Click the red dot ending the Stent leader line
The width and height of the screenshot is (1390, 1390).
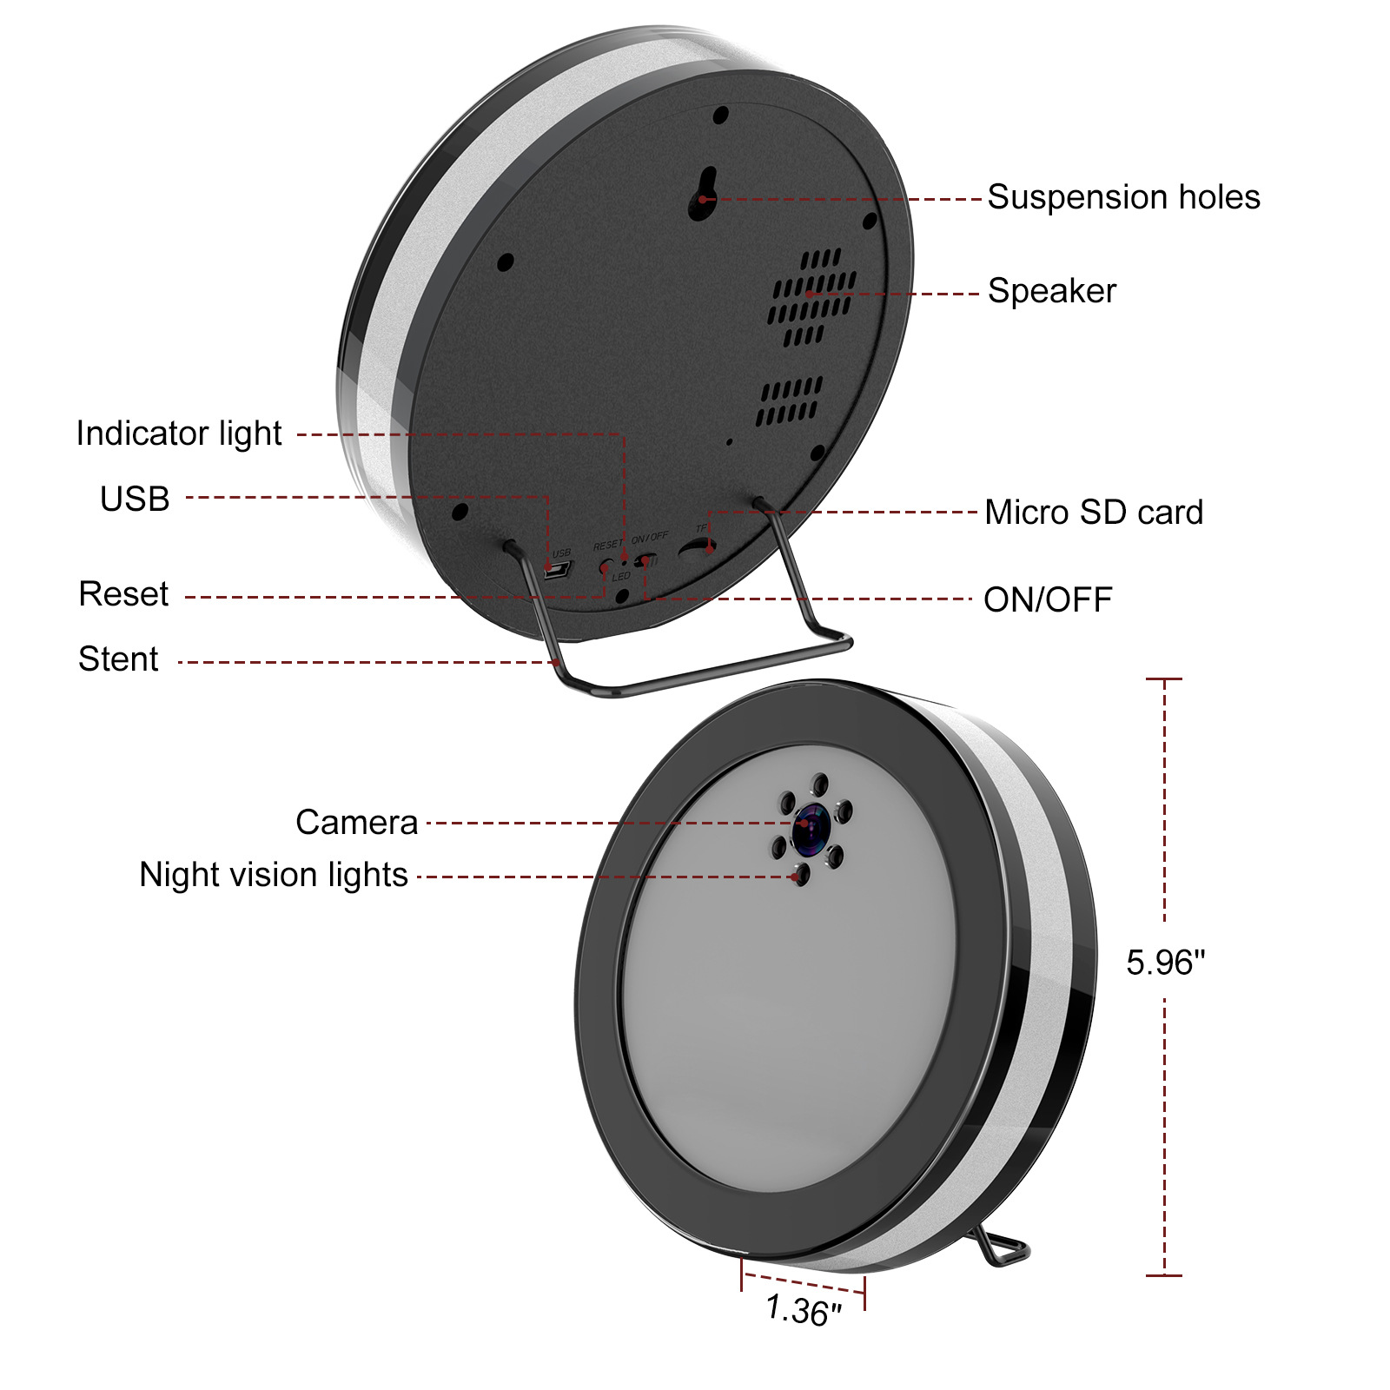(557, 663)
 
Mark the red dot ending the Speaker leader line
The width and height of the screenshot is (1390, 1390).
(809, 295)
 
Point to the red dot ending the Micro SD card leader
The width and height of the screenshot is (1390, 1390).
(710, 549)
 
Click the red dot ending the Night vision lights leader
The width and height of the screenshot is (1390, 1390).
(796, 877)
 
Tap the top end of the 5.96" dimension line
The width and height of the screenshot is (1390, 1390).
(1164, 678)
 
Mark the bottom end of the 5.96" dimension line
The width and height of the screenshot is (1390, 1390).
(1164, 1275)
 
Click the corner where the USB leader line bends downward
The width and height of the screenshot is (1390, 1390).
(547, 498)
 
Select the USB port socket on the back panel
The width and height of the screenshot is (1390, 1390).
(557, 570)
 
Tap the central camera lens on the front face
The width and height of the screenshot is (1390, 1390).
(811, 826)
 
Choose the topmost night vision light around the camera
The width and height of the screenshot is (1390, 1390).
(819, 784)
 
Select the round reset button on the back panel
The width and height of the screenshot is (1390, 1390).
(605, 566)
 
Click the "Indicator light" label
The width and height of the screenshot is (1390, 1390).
(179, 434)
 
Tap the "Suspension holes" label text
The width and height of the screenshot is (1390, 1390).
(1123, 197)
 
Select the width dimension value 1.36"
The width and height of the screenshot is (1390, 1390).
(804, 1311)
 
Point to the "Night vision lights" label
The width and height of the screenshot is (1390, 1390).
(274, 875)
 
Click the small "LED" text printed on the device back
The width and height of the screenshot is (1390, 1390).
(621, 577)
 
